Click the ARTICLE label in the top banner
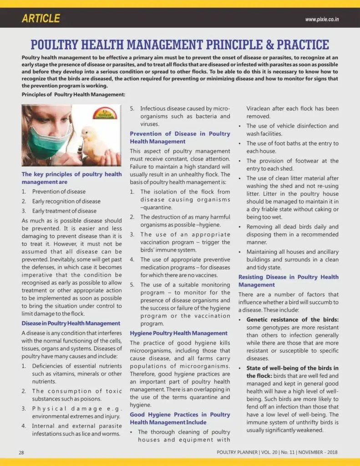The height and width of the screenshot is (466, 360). (41, 18)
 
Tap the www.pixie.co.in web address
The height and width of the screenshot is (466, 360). (322, 20)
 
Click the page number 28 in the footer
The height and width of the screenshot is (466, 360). (21, 452)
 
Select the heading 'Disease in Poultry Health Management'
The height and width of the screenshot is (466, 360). (71, 323)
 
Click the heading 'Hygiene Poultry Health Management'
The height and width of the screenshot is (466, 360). (178, 333)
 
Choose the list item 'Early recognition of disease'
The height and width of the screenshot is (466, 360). (66, 201)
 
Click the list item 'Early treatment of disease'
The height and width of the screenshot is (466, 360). (64, 211)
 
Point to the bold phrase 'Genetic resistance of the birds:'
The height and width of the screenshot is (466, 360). (292, 319)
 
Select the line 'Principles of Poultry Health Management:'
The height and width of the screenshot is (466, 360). (73, 94)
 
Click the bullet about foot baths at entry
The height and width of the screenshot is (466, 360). (292, 147)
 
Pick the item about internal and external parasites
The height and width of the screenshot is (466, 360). (76, 430)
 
